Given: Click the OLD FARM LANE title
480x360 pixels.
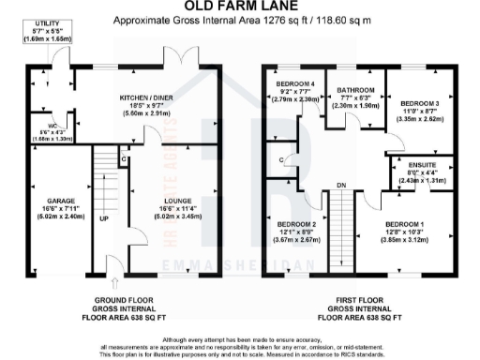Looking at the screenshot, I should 239,7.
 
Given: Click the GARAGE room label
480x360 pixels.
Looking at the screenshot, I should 48,201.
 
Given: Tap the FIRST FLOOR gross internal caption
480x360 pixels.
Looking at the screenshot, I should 355,307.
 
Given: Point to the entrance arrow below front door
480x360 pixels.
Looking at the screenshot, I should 113,278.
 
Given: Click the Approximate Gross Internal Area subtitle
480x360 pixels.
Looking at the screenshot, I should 239,20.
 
